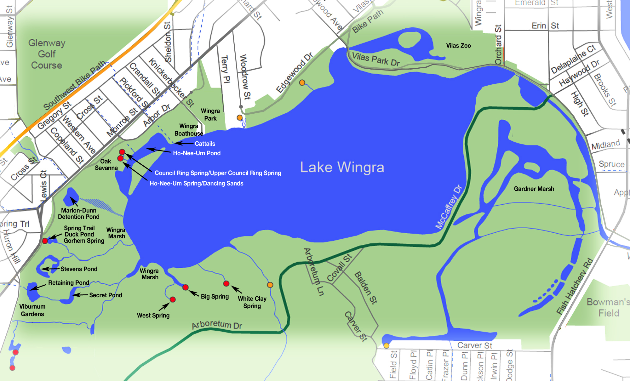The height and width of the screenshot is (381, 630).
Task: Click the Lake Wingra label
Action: click(x=342, y=167)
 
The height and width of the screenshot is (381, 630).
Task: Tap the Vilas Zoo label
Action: click(x=458, y=46)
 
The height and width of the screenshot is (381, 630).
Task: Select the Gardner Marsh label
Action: click(x=534, y=189)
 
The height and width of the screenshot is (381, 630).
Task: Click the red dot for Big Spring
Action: click(x=186, y=287)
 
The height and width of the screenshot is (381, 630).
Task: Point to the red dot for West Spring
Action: click(x=173, y=299)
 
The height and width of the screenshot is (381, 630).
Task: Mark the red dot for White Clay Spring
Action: click(x=226, y=284)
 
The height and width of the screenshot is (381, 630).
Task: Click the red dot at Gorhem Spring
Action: click(x=45, y=241)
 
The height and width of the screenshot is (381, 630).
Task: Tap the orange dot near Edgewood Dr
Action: click(x=302, y=83)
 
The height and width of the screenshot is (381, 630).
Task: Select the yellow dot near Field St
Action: click(x=387, y=345)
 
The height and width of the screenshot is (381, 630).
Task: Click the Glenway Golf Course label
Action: click(x=47, y=54)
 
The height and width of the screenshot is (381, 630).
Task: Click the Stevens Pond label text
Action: click(x=79, y=269)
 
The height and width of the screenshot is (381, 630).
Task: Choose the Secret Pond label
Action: click(x=106, y=295)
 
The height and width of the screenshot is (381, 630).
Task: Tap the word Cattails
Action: click(x=205, y=144)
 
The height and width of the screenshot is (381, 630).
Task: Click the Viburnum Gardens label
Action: click(x=32, y=310)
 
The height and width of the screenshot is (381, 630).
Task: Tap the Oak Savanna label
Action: click(x=106, y=165)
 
